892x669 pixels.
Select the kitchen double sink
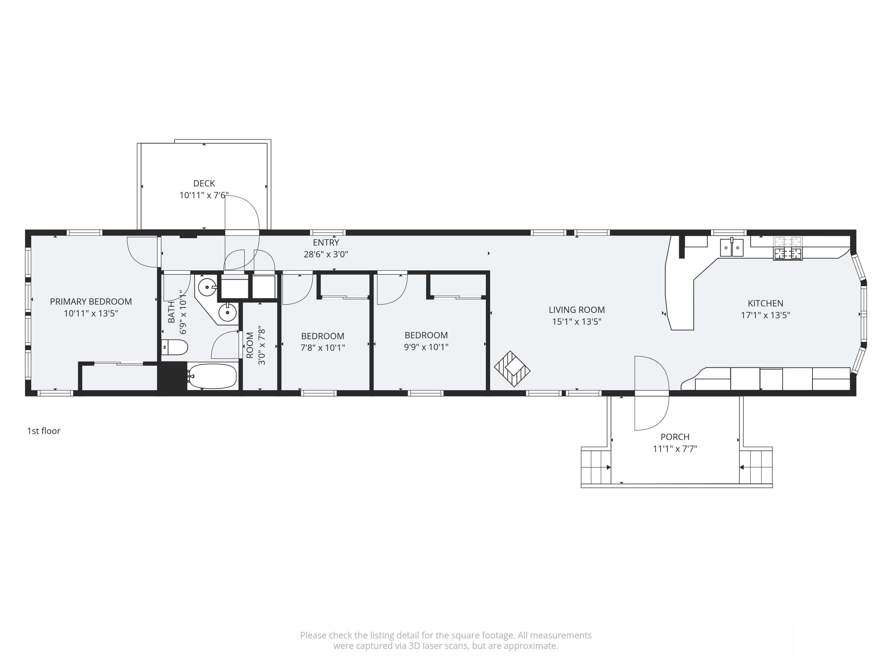tap(731, 247)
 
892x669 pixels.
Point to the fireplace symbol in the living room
tap(512, 369)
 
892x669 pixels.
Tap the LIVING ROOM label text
tap(577, 310)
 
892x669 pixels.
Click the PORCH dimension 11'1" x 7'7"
tap(675, 448)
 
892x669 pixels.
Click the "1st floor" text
tap(43, 431)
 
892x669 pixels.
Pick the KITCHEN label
tap(765, 303)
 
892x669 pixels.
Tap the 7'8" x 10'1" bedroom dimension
tap(323, 348)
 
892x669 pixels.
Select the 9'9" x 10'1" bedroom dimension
tap(426, 347)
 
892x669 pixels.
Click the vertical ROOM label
tap(250, 345)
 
